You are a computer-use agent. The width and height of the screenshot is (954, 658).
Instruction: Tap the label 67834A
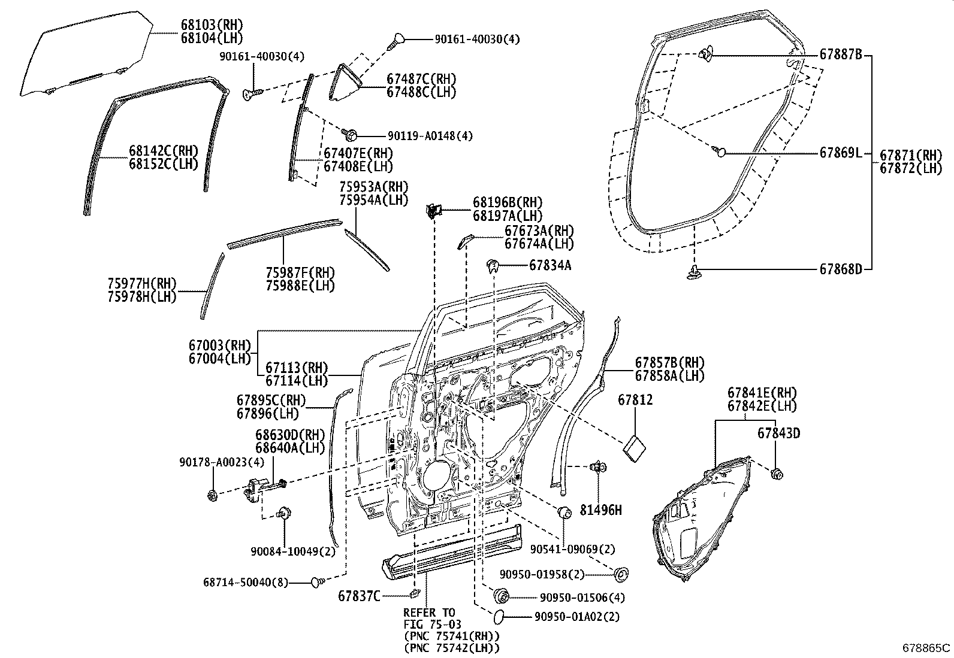click(550, 265)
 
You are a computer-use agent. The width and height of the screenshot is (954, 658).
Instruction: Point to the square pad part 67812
click(635, 447)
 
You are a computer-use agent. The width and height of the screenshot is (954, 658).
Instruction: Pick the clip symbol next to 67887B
click(705, 54)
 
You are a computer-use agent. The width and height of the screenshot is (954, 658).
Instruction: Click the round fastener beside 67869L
click(721, 152)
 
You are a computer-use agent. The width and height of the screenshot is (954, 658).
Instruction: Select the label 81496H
click(601, 510)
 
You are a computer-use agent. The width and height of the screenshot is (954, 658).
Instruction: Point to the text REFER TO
click(429, 612)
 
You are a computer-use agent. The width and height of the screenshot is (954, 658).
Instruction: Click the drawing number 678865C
click(926, 648)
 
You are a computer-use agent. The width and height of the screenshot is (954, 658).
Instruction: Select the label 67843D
click(778, 433)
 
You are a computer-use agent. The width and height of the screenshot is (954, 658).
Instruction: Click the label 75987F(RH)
click(300, 273)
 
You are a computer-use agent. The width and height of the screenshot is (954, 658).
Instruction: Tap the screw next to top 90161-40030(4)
click(397, 40)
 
